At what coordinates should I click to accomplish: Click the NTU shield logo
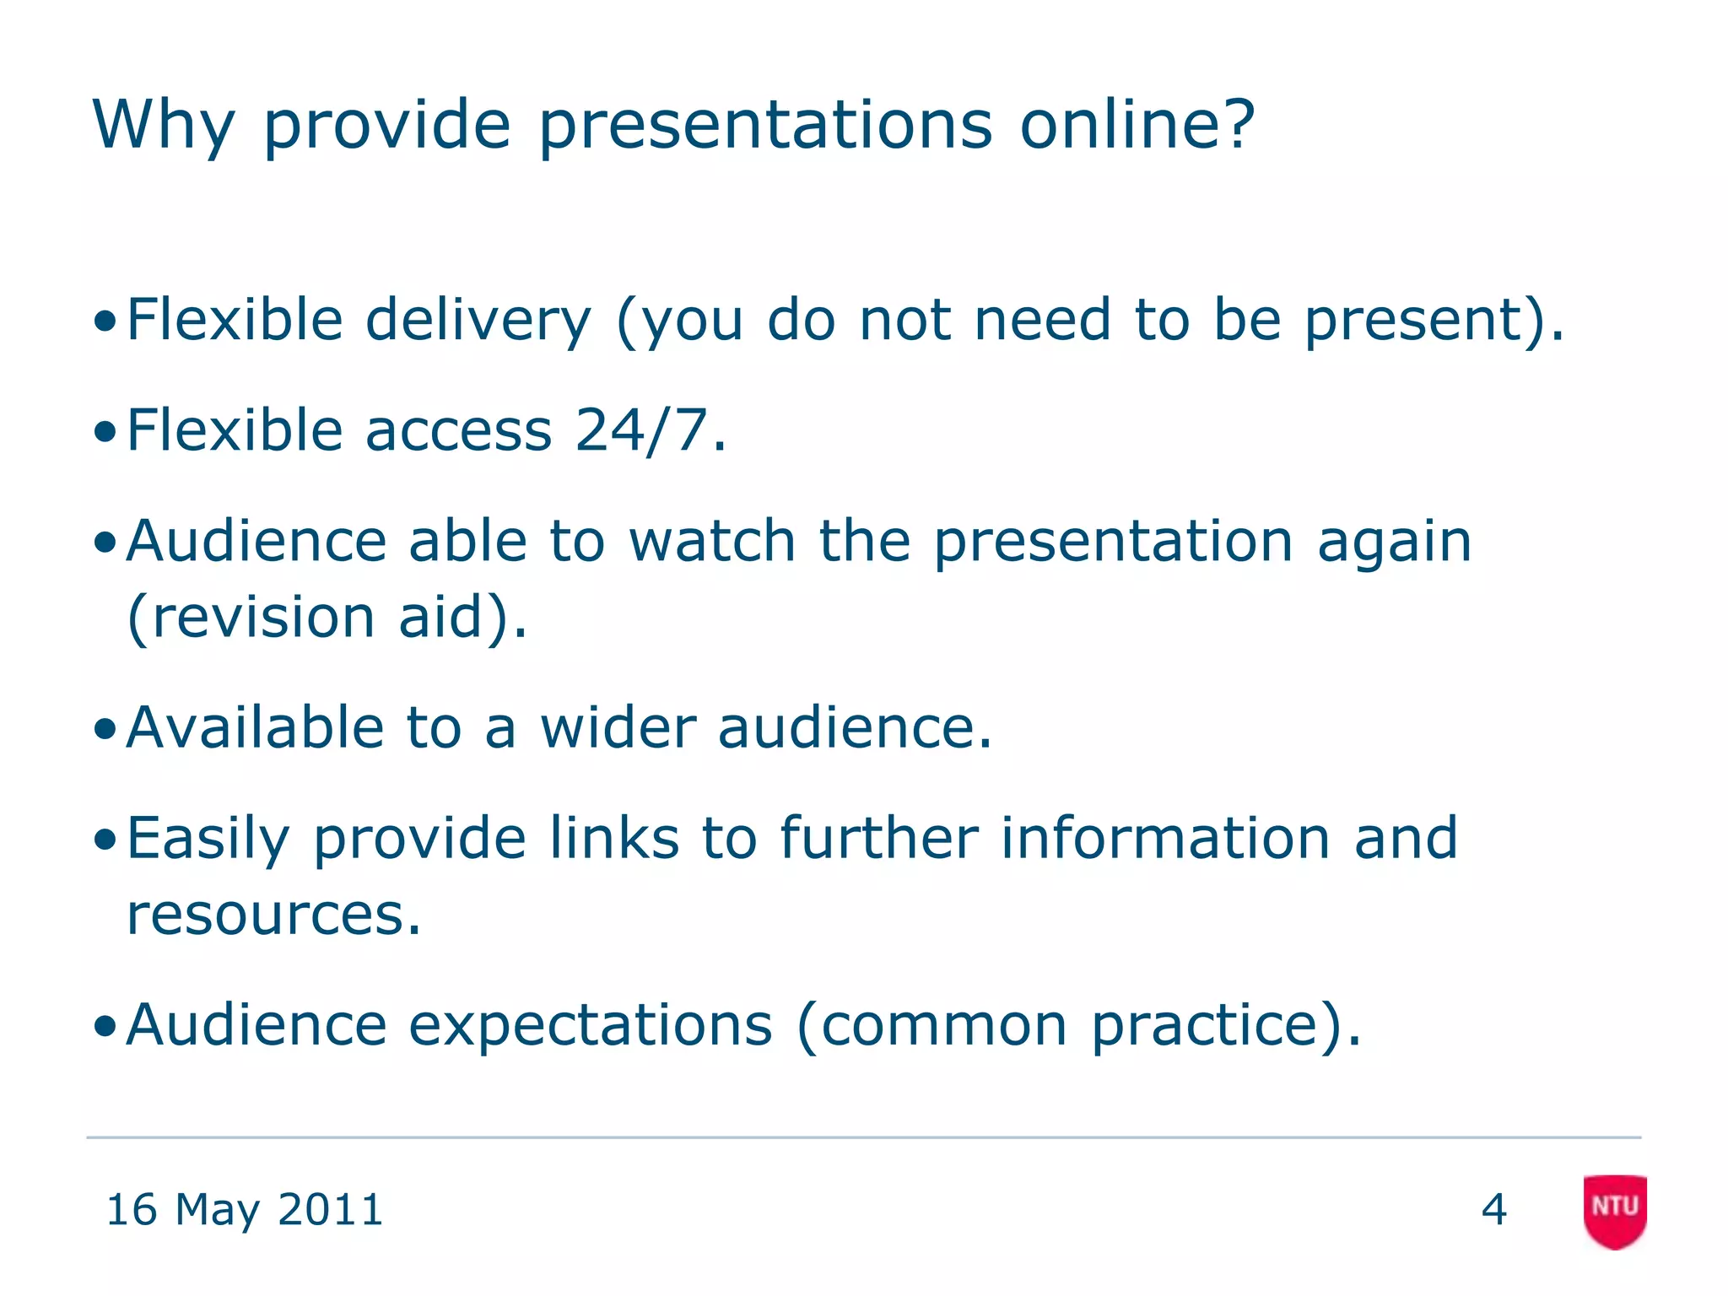1615,1211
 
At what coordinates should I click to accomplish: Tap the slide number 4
1493,1210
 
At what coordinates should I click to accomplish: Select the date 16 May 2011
245,1210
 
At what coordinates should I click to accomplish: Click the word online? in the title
1137,125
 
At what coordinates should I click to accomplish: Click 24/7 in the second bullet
641,430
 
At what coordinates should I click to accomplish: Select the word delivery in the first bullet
478,321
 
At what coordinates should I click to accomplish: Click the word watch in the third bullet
713,541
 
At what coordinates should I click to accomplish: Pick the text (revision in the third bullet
251,617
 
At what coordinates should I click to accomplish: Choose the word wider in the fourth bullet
618,727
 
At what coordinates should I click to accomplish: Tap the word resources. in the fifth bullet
273,915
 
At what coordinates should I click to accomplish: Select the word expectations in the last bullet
591,1026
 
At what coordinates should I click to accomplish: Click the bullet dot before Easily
105,840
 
